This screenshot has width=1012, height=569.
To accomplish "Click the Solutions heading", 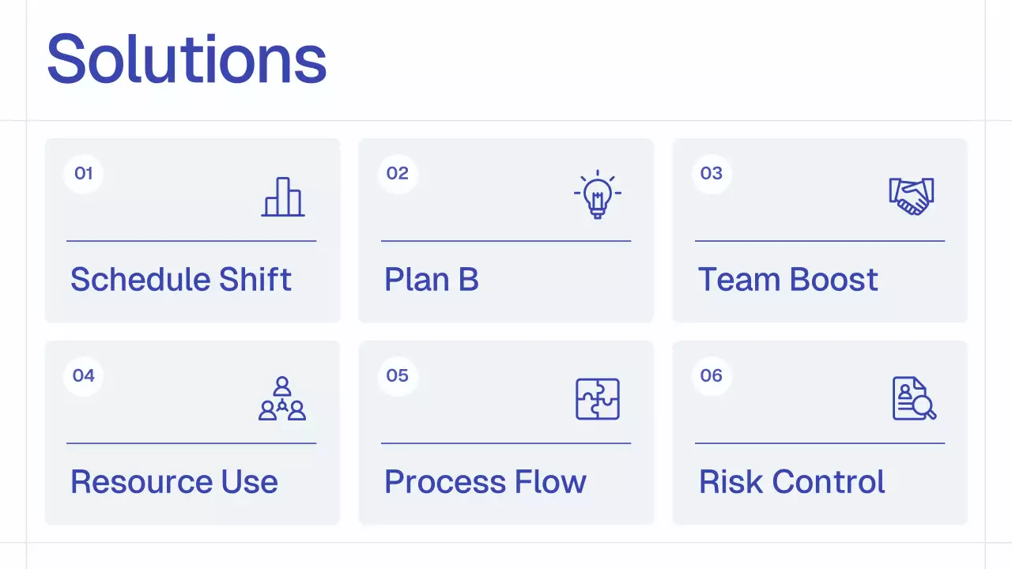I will click(187, 58).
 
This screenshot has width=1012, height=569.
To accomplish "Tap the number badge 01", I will click(83, 174).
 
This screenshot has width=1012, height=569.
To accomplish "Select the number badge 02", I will click(398, 174).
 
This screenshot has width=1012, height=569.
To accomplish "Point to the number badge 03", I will click(712, 174).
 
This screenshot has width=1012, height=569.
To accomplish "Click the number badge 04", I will click(83, 375).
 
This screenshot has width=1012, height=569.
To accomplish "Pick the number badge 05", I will click(398, 375).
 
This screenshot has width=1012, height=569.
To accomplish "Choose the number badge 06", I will click(712, 375).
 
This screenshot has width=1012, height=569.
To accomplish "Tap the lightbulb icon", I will click(597, 194).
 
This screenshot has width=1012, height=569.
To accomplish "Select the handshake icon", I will click(911, 196).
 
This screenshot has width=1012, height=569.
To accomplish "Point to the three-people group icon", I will click(282, 398).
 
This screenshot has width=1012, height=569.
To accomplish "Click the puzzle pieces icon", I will click(597, 398).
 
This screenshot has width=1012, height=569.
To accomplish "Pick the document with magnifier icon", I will click(913, 398).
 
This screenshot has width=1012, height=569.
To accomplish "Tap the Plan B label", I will click(432, 280).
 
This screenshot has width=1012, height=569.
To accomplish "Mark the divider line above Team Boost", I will click(820, 240).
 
